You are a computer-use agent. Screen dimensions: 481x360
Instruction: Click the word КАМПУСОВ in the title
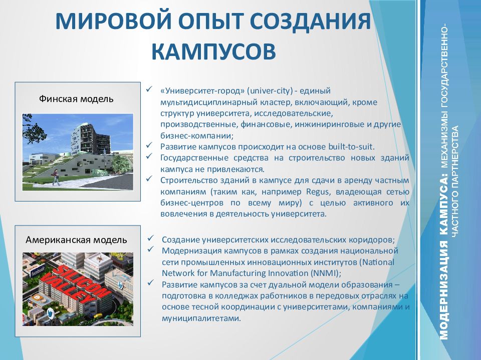[x=214, y=51]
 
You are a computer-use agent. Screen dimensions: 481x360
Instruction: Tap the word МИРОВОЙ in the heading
[x=113, y=21]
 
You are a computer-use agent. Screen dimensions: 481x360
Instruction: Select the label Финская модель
[x=76, y=99]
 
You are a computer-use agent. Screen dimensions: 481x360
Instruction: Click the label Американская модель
[x=76, y=239]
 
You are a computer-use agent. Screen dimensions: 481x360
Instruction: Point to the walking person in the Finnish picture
[x=56, y=177]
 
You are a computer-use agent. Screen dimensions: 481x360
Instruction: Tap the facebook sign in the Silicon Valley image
[x=38, y=270]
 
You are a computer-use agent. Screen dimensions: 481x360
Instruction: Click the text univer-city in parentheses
[x=270, y=90]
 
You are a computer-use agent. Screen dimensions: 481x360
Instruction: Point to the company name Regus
[x=318, y=192]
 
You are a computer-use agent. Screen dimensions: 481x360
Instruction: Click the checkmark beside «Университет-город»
[x=149, y=89]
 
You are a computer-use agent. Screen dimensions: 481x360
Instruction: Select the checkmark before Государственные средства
[x=149, y=156]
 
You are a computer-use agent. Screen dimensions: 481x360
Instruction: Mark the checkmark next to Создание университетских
[x=151, y=238]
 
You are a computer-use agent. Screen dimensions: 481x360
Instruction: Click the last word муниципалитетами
[x=201, y=318]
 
